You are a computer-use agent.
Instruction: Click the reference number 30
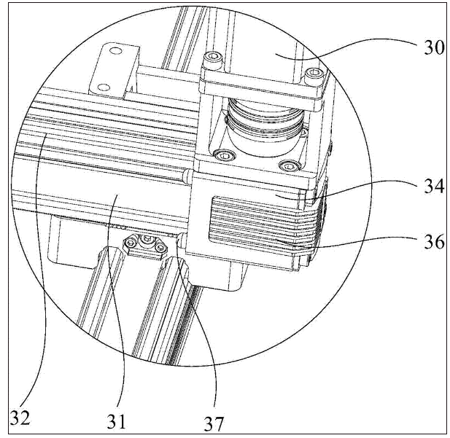(434, 47)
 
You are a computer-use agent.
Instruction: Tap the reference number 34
(434, 187)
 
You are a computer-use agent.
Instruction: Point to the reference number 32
(20, 418)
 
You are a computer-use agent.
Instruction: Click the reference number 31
(116, 421)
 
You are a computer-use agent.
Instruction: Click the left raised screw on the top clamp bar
(214, 56)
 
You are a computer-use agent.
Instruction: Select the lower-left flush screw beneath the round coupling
(225, 155)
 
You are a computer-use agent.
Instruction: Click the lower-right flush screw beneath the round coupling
(289, 165)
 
